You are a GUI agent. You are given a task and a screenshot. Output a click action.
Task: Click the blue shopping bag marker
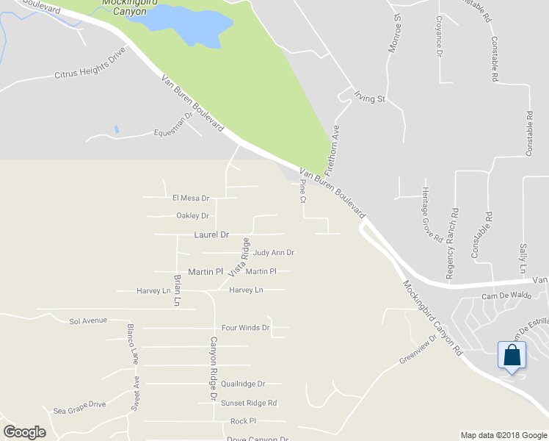[x=512, y=356]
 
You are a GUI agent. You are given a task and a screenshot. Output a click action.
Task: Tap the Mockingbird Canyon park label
[x=124, y=7]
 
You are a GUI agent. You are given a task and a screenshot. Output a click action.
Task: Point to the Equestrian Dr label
[x=172, y=129]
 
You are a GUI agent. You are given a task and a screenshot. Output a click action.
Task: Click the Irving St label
[x=370, y=96]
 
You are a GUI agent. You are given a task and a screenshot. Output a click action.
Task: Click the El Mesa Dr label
[x=191, y=198]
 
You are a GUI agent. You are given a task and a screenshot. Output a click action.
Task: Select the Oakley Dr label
[x=193, y=216]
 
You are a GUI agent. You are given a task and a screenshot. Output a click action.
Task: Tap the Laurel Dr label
[x=211, y=234]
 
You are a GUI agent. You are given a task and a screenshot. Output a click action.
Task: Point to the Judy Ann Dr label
[x=273, y=253]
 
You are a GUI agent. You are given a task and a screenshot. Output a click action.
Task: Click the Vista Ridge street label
[x=239, y=257]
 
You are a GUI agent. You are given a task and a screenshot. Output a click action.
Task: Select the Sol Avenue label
[x=88, y=320]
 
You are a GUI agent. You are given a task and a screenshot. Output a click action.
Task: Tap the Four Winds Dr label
[x=245, y=328]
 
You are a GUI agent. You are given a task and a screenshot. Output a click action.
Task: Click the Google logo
[x=24, y=432]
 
